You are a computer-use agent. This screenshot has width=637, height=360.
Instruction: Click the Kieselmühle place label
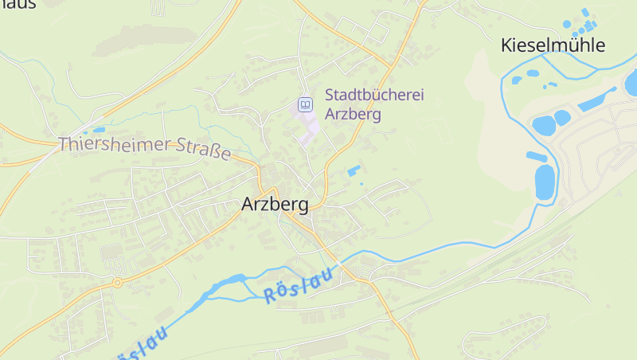[553, 45]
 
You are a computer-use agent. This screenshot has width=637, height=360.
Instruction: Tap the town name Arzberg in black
[275, 205]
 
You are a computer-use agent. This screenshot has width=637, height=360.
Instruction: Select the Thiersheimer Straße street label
[144, 147]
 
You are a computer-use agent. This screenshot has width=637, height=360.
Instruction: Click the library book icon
[305, 104]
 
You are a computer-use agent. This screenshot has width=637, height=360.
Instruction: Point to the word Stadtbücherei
[374, 95]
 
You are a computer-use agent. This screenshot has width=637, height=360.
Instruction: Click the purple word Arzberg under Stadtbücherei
[353, 114]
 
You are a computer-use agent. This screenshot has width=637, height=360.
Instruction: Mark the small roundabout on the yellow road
[117, 282]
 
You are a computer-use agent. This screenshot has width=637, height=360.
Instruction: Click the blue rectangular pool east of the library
[353, 170]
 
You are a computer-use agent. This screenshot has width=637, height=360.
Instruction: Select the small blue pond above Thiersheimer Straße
[99, 129]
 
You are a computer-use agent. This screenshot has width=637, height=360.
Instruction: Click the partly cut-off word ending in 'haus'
[18, 4]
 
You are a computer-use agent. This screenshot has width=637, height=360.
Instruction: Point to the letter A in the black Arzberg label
[248, 205]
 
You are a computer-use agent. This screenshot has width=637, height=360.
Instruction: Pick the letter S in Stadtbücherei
[330, 95]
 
